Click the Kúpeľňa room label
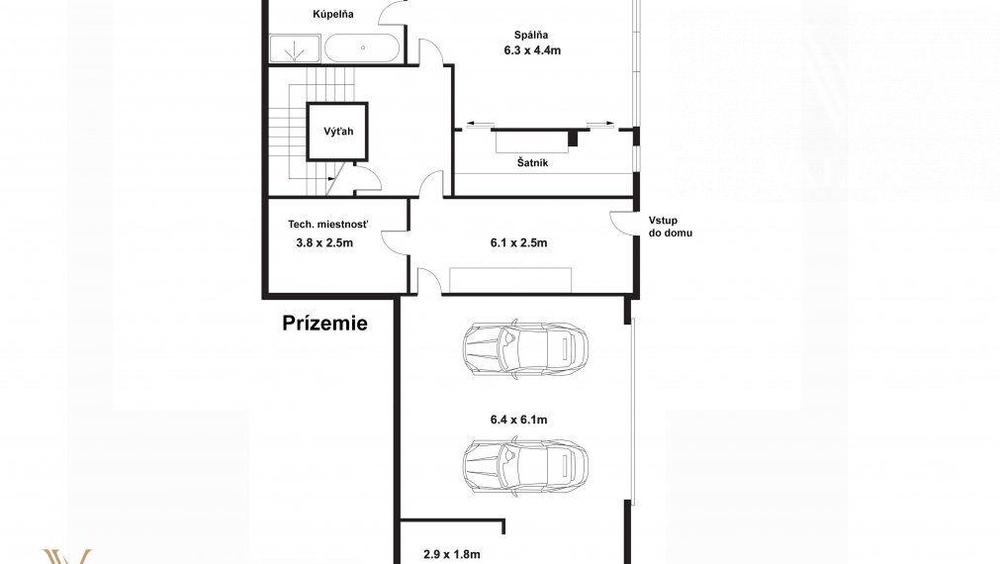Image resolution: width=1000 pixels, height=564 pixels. [333, 14]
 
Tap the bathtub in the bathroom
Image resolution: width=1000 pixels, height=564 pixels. [362, 47]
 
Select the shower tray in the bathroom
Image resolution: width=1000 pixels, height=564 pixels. [294, 48]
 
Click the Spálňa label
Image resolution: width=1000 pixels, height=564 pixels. [531, 35]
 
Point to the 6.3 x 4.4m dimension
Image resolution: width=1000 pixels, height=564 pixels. [532, 50]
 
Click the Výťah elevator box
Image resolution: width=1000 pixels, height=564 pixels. [337, 132]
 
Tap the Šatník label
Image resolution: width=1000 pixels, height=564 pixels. [532, 162]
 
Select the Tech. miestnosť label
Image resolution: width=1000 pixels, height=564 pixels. [327, 225]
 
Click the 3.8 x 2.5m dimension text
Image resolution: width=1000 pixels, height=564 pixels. [324, 243]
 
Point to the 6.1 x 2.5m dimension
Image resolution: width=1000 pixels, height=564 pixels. [518, 243]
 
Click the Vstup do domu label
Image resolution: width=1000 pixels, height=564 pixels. [671, 227]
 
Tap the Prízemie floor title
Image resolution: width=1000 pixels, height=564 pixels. [324, 323]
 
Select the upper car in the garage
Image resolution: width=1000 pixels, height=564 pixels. [525, 349]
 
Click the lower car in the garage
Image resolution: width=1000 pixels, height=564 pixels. [525, 466]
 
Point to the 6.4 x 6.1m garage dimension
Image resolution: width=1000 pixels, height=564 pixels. [518, 420]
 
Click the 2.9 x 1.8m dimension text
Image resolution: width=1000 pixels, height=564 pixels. [451, 554]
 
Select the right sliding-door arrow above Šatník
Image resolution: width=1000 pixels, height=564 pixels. [601, 124]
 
